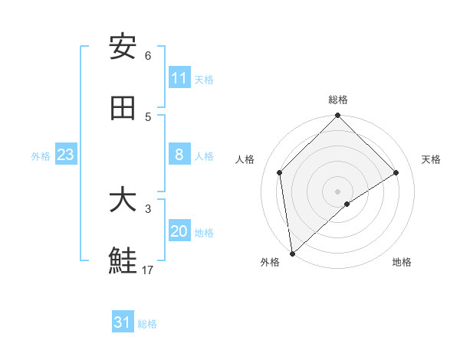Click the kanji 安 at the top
click(x=123, y=47)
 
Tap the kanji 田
click(x=123, y=108)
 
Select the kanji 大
click(x=123, y=200)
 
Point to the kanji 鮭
click(x=123, y=261)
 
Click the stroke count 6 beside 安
click(x=148, y=56)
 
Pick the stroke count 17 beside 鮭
click(x=148, y=270)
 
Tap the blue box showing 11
click(x=179, y=78)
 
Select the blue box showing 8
click(x=179, y=155)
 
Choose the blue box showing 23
click(x=66, y=155)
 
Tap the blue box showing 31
click(x=123, y=322)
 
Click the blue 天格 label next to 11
click(x=204, y=80)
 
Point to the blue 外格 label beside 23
click(x=41, y=156)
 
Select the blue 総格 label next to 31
click(x=147, y=324)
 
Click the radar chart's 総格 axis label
click(x=338, y=100)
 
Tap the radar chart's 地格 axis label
click(x=402, y=262)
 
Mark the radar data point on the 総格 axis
click(x=338, y=116)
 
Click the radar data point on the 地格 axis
click(x=347, y=204)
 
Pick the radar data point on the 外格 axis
click(x=292, y=253)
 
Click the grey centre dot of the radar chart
click(x=338, y=191)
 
